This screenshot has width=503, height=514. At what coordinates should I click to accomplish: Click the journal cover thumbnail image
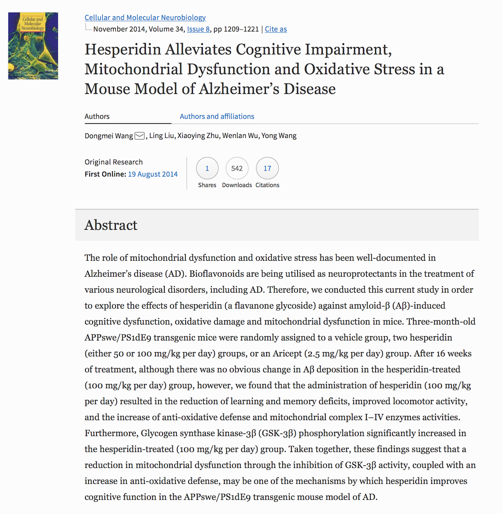click(33, 46)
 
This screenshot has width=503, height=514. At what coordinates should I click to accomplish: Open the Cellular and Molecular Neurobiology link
click(145, 18)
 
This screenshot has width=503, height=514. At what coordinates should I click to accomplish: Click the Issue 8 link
click(198, 29)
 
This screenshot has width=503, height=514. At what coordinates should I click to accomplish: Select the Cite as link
click(276, 29)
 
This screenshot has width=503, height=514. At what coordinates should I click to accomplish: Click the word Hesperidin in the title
click(123, 49)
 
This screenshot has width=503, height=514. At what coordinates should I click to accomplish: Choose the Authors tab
click(97, 117)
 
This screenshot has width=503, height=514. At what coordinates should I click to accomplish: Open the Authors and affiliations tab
click(217, 117)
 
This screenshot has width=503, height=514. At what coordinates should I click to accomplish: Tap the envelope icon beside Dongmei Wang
click(140, 136)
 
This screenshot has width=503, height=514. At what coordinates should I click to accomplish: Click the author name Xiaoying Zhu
click(198, 136)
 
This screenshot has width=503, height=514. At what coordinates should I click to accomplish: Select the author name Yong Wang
click(279, 136)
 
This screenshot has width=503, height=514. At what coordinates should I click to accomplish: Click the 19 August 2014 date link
click(153, 174)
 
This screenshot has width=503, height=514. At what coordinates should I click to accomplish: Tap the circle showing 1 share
click(207, 169)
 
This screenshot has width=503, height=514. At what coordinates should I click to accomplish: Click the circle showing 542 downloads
click(237, 169)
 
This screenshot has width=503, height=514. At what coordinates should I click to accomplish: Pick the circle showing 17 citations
click(267, 169)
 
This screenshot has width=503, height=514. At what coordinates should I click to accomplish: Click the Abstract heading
click(111, 225)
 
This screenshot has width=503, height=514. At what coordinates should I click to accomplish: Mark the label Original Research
click(114, 162)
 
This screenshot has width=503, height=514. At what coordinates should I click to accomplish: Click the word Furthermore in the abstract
click(111, 433)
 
